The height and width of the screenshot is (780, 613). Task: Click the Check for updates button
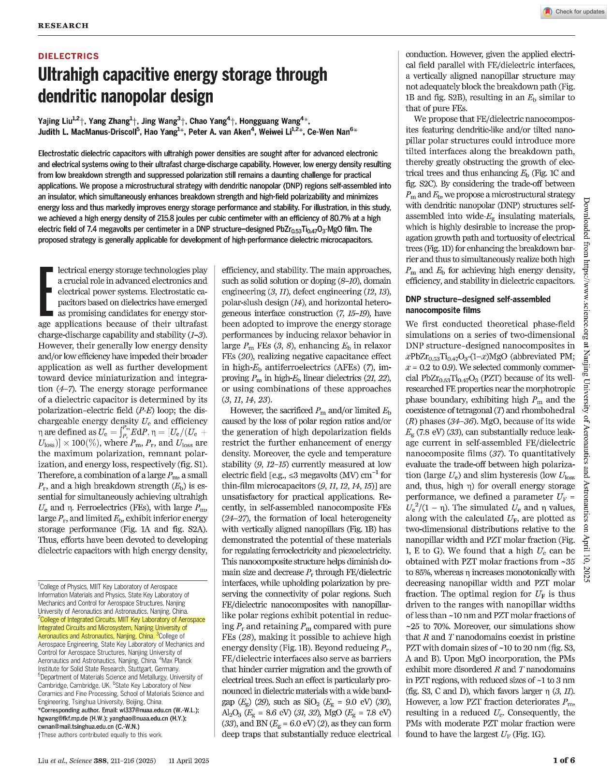click(573, 12)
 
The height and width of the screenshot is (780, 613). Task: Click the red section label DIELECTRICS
click(68, 56)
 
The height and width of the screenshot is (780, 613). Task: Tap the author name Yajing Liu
click(55, 121)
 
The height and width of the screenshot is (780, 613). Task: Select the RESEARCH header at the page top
click(63, 26)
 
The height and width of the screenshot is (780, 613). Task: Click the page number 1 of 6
click(564, 760)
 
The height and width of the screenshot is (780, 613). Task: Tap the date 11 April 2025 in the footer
click(189, 761)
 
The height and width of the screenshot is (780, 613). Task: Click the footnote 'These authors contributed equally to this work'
click(102, 735)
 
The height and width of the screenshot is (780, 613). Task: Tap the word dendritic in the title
click(69, 97)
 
